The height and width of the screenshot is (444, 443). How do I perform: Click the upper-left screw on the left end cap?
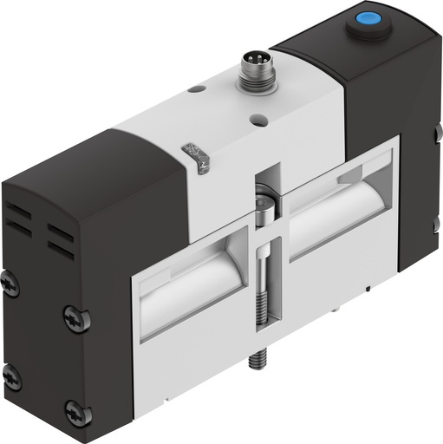(x=10, y=282)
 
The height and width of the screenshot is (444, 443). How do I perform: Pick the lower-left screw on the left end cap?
(x=10, y=376)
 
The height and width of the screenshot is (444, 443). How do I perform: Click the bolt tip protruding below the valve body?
(x=256, y=357)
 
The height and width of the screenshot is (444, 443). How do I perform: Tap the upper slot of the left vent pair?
(x=21, y=212)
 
